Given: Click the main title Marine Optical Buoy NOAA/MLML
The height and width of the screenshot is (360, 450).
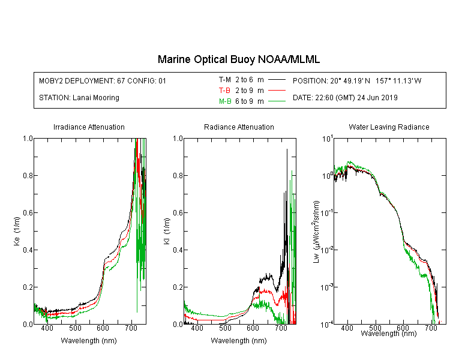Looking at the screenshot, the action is coord(238,59).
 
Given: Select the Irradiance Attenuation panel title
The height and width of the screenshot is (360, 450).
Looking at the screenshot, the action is coord(89,127).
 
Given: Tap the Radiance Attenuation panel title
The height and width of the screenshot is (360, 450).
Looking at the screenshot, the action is coord(239,127).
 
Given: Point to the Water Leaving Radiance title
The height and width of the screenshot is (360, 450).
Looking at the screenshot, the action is coord(389,127).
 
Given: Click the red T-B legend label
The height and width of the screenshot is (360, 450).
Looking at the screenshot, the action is coord(224,91).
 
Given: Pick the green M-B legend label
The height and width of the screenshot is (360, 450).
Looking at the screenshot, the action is coord(225,101).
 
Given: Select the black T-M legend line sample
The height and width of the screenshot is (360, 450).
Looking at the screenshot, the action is coord(277,80).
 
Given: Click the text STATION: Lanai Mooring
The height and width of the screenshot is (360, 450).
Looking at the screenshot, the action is coord(79,98).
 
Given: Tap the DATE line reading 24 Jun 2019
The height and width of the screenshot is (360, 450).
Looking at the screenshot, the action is coord(345,98).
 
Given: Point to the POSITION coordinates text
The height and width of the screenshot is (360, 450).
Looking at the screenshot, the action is coord(357,80).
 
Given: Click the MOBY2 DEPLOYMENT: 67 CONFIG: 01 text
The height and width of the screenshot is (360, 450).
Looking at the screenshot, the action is coord(103,80).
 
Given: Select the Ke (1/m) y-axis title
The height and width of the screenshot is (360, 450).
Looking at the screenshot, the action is coord(17,231).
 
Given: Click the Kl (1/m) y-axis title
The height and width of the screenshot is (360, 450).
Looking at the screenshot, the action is coord(167,231).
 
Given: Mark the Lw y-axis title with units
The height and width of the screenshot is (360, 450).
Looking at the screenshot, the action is coord(316,232).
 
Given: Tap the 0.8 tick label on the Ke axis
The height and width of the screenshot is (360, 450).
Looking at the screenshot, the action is coord(28,175).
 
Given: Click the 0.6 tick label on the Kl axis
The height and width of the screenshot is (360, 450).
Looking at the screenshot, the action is coord(178,213).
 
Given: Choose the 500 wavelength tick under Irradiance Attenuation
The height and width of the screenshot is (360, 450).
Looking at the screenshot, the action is coord(75,328).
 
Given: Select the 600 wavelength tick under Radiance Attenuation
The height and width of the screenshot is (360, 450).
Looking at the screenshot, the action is coord(253,328).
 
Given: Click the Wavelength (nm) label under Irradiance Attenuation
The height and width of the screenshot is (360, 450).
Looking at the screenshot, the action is coord(89,341).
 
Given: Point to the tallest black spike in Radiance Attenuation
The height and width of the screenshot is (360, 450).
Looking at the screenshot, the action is coord(287,150).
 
